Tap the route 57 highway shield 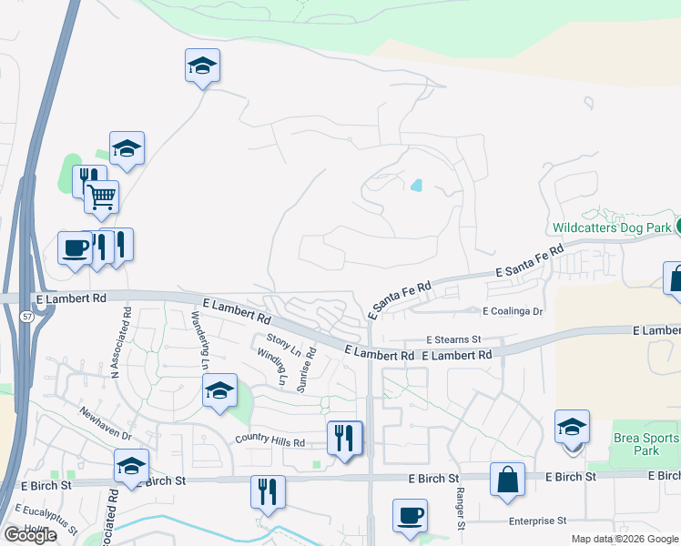(26, 316)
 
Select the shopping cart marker (101, 196)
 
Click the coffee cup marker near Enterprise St (410, 515)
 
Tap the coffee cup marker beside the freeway (74, 247)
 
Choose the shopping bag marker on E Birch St (507, 479)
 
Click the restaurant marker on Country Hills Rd (344, 438)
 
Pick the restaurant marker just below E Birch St (269, 492)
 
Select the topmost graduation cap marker (202, 66)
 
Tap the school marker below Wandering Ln (219, 390)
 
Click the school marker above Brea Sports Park (572, 426)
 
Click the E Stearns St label (452, 339)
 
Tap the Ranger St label (461, 511)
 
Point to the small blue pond (417, 186)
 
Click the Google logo (30, 535)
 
